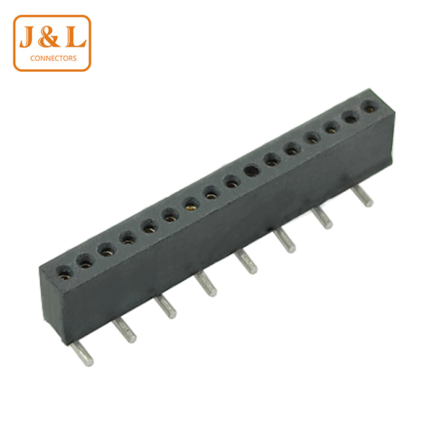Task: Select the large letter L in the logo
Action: point(75,36)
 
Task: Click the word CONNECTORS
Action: point(53,58)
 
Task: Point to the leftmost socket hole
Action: point(64,273)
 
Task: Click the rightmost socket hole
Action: point(370,106)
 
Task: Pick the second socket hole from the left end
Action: point(85,261)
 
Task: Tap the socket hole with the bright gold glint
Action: point(191,204)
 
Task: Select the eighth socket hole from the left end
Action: point(212,193)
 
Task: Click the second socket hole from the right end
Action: point(351,117)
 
